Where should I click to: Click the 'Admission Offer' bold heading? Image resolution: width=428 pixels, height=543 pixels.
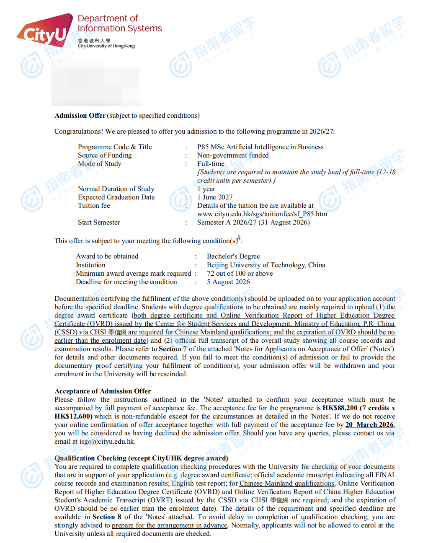80,116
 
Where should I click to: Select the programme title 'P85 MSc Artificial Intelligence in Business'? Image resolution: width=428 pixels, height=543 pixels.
260,147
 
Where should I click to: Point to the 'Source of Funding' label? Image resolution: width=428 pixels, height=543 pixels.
105,155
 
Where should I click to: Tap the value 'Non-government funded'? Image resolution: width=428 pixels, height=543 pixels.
233,155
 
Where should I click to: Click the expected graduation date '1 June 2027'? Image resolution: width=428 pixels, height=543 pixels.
215,197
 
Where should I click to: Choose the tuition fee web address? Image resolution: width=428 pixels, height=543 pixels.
262,214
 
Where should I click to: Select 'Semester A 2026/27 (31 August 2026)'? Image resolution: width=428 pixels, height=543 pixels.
253,222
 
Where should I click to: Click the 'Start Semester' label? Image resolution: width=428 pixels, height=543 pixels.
99,222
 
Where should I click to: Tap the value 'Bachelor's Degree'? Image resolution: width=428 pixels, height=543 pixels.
233,256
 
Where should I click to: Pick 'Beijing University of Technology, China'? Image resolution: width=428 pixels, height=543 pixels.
266,265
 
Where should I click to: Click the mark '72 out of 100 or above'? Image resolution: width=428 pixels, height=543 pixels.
240,274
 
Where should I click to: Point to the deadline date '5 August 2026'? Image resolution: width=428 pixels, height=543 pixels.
228,282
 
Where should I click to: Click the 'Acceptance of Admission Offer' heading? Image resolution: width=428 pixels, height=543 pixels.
103,391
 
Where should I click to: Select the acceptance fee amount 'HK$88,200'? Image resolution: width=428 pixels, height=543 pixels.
340,408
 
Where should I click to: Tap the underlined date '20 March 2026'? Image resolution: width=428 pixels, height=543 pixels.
369,425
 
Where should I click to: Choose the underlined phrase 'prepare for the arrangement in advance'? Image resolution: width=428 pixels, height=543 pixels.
170,525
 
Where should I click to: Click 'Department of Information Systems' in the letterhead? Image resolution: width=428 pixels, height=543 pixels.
120,23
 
